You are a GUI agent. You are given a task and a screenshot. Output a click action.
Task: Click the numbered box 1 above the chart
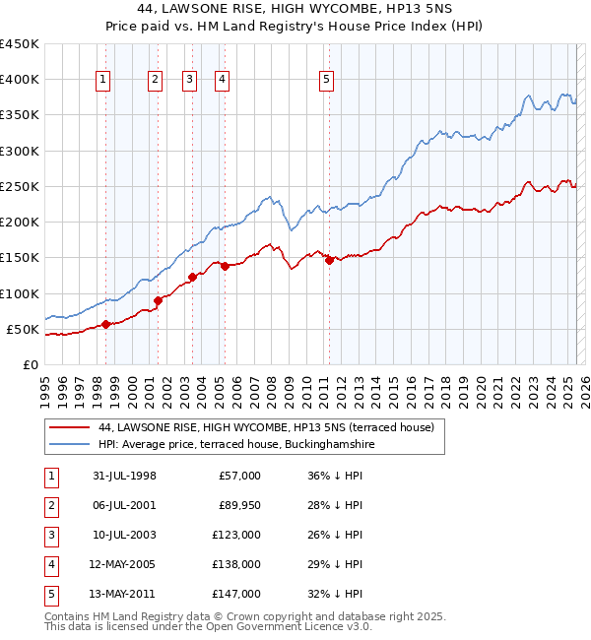[x=104, y=81]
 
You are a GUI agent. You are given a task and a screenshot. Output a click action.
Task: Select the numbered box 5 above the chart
[x=327, y=81]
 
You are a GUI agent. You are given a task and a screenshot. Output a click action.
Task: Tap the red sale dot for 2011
[x=329, y=260]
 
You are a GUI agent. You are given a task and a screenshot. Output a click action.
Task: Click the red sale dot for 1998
[x=105, y=324]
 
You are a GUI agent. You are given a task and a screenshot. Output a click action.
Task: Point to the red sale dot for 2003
[x=192, y=277]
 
